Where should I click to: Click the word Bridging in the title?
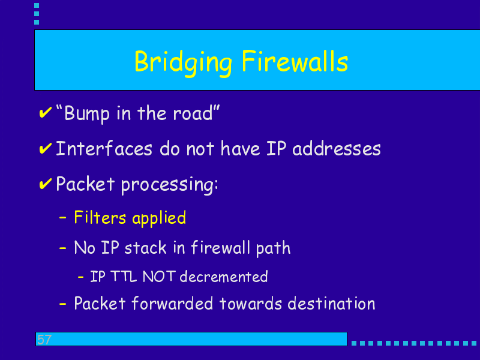[x=183, y=63]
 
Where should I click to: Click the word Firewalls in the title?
[x=295, y=61]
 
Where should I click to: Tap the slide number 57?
[x=44, y=340]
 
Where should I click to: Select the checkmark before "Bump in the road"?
[x=46, y=113]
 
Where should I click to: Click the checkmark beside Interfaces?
[x=46, y=148]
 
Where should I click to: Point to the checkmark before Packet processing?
[x=46, y=184]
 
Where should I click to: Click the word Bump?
[x=87, y=114]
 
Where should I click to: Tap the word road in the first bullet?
[x=193, y=113]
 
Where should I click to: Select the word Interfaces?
[x=104, y=148]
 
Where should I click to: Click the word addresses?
[x=337, y=148]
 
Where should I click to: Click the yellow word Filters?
[x=100, y=218]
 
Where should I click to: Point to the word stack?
[x=145, y=247]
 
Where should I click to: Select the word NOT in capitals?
[x=159, y=277]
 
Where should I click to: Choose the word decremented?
[x=224, y=277]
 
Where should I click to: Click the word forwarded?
[x=172, y=304]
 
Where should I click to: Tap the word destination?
[x=331, y=304]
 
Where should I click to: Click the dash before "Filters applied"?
[x=62, y=218]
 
